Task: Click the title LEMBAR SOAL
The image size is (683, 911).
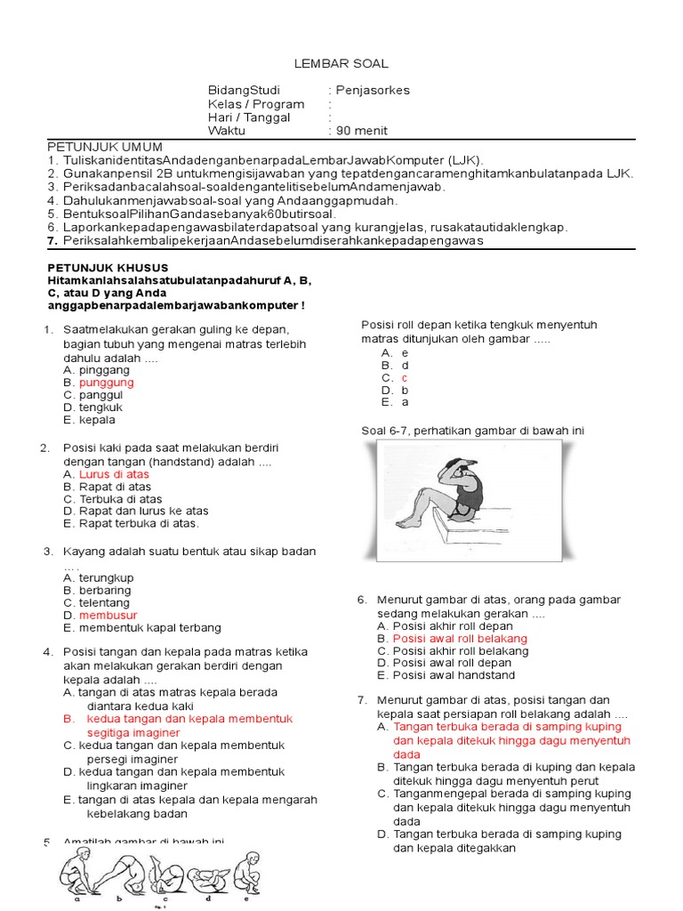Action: (341, 64)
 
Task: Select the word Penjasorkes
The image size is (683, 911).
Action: (373, 90)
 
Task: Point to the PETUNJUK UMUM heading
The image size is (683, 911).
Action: (104, 147)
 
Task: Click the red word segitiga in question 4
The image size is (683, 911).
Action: (110, 732)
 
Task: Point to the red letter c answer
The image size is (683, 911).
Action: (405, 377)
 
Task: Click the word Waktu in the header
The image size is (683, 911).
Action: (226, 130)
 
